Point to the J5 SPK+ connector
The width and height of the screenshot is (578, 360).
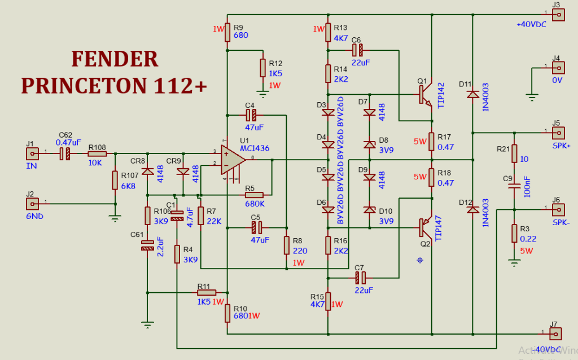click(x=558, y=133)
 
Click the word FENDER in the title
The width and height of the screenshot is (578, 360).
click(x=115, y=59)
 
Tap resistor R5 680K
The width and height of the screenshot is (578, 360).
click(x=255, y=195)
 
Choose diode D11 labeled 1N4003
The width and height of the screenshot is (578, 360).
click(x=472, y=94)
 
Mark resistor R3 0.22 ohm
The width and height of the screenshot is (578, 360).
click(x=514, y=233)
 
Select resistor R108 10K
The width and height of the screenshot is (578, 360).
click(x=97, y=153)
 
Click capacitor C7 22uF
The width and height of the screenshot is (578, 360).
click(x=360, y=277)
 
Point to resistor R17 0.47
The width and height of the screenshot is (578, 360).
click(x=431, y=142)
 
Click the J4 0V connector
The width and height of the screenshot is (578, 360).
click(x=558, y=68)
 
